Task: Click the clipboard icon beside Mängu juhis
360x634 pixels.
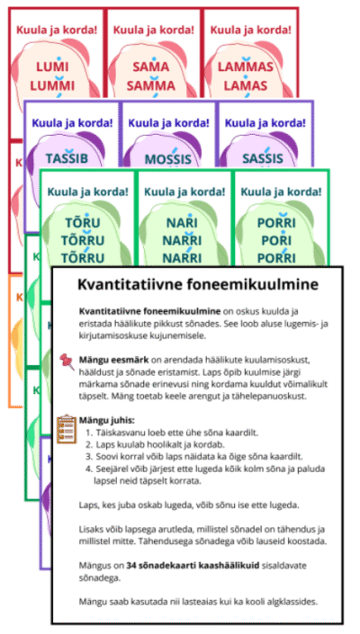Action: click(66, 424)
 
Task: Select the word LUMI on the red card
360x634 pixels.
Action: click(57, 67)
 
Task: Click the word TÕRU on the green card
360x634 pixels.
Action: click(86, 225)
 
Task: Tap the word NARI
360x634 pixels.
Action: click(183, 225)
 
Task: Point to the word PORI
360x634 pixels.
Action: click(277, 241)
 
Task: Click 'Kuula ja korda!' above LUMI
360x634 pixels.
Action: click(57, 30)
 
